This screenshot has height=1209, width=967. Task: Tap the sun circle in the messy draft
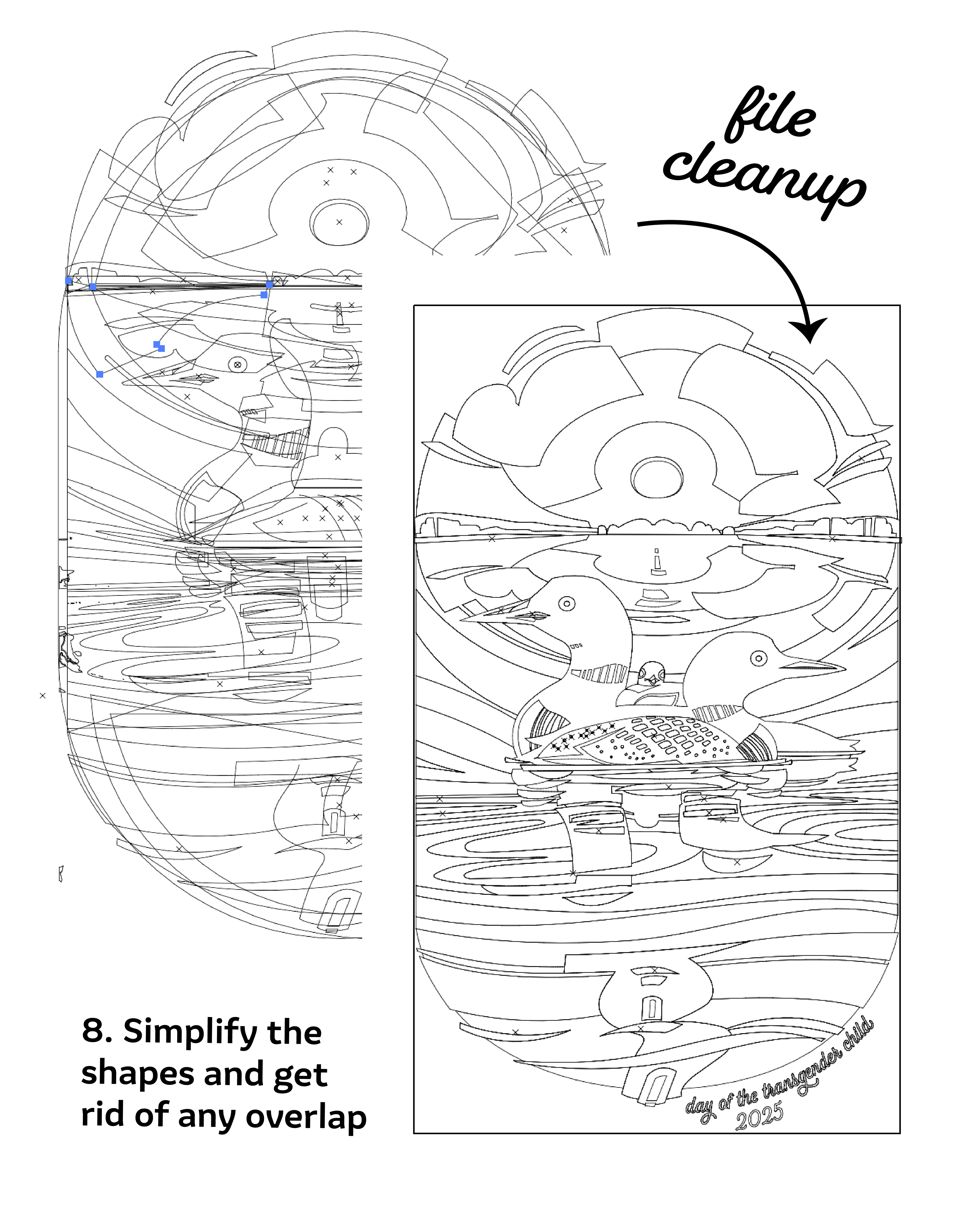pos(339,223)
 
